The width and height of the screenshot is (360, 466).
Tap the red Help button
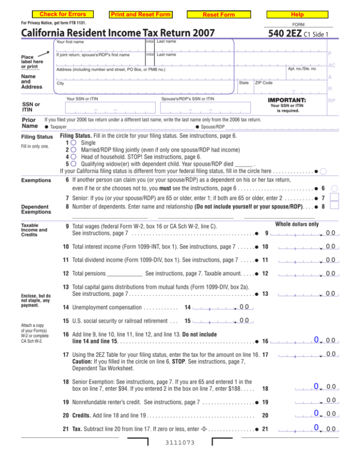(x=299, y=15)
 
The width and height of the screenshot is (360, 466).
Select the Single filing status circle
(x=74, y=143)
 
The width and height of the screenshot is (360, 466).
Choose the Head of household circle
(x=74, y=157)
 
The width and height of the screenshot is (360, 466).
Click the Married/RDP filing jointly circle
(x=74, y=150)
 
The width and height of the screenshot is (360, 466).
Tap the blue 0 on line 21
(x=317, y=427)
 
